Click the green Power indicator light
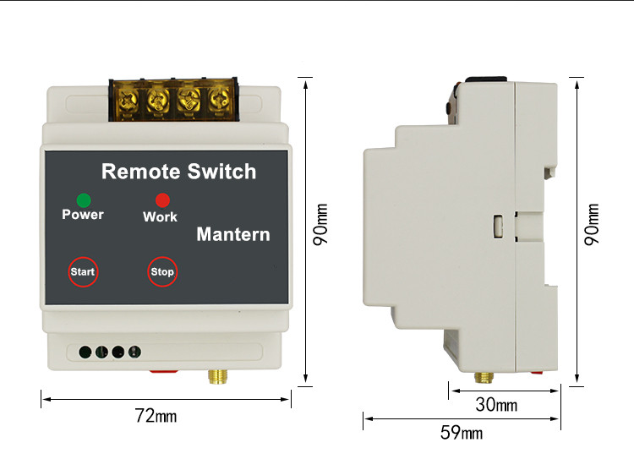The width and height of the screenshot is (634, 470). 84,200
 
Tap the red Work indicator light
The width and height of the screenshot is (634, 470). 162,200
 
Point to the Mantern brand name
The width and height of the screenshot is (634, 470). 233,234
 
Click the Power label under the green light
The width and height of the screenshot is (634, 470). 83,215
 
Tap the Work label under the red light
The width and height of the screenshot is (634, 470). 160,217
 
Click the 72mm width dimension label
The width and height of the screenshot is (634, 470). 156,416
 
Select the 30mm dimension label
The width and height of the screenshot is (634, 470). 495,406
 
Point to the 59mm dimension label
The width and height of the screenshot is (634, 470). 462,434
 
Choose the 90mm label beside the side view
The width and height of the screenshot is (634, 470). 593,225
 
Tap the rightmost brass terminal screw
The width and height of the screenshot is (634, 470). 218,101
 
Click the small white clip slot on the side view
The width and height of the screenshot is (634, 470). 499,227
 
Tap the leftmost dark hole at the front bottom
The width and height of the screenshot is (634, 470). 85,352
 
